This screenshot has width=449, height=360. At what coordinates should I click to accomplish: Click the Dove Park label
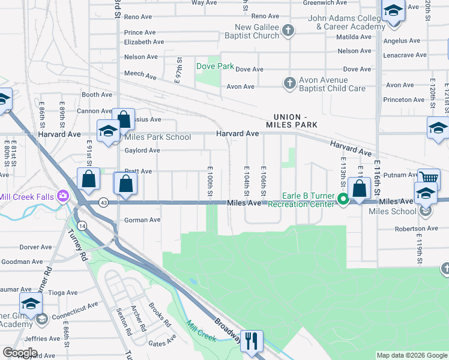(x=215, y=66)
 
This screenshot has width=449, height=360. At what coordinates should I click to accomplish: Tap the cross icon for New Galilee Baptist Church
(x=288, y=31)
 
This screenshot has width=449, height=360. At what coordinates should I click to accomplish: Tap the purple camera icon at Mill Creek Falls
(x=62, y=196)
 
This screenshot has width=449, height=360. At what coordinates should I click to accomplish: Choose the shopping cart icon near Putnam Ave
(x=429, y=178)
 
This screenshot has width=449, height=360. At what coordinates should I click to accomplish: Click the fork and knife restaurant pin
(x=252, y=341)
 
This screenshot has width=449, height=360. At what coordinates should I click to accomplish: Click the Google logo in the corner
(x=20, y=352)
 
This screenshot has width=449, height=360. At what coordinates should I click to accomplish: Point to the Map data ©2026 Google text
(x=411, y=355)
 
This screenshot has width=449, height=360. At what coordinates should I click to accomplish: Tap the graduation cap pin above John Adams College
(x=393, y=11)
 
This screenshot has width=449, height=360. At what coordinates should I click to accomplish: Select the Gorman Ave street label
(x=142, y=220)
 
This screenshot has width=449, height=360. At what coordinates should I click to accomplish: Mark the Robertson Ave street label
(x=417, y=229)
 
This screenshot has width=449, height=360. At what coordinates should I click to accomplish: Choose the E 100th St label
(x=210, y=181)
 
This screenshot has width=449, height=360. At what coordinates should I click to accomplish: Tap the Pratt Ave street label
(x=137, y=172)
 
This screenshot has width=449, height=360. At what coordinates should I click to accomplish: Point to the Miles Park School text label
(x=157, y=137)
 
